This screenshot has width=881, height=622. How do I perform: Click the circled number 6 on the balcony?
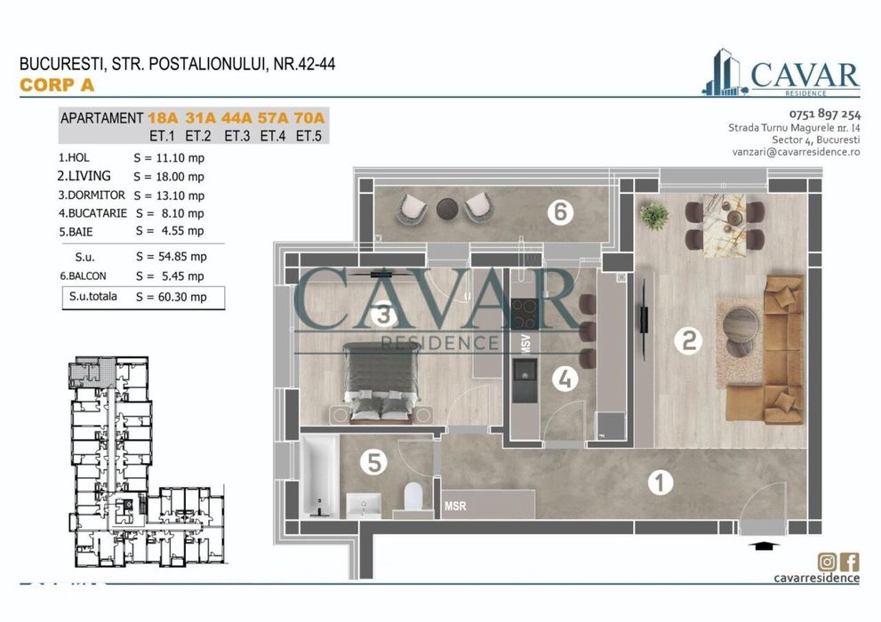559,211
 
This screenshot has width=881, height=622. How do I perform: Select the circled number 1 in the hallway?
660,482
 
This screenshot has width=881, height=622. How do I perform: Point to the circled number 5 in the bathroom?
374,462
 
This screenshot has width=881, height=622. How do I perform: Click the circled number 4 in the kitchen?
564,379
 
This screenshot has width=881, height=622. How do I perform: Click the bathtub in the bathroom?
316,474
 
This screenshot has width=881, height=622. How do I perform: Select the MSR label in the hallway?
456,506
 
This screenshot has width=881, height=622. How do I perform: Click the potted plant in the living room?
654,215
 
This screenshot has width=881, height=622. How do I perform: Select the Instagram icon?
827,561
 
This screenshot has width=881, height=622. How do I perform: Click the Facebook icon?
850,561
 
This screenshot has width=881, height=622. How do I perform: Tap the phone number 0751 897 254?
824,114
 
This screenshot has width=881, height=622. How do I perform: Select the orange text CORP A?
56,85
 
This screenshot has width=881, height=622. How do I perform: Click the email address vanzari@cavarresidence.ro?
796,153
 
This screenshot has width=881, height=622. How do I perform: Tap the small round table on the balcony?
447,209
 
